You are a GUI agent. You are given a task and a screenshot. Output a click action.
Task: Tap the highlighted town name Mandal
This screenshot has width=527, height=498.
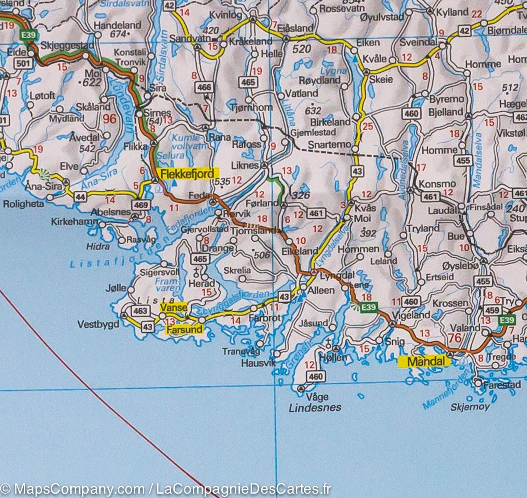click(x=424, y=362)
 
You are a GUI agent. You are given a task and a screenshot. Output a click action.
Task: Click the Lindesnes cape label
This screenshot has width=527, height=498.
click(x=315, y=408)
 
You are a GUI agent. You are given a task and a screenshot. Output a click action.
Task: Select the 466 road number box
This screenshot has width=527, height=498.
click(x=205, y=87)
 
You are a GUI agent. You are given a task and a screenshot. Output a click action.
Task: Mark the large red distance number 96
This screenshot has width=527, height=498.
click(x=110, y=118)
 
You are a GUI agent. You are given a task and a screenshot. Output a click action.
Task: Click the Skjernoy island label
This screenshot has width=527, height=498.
click(x=470, y=407)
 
